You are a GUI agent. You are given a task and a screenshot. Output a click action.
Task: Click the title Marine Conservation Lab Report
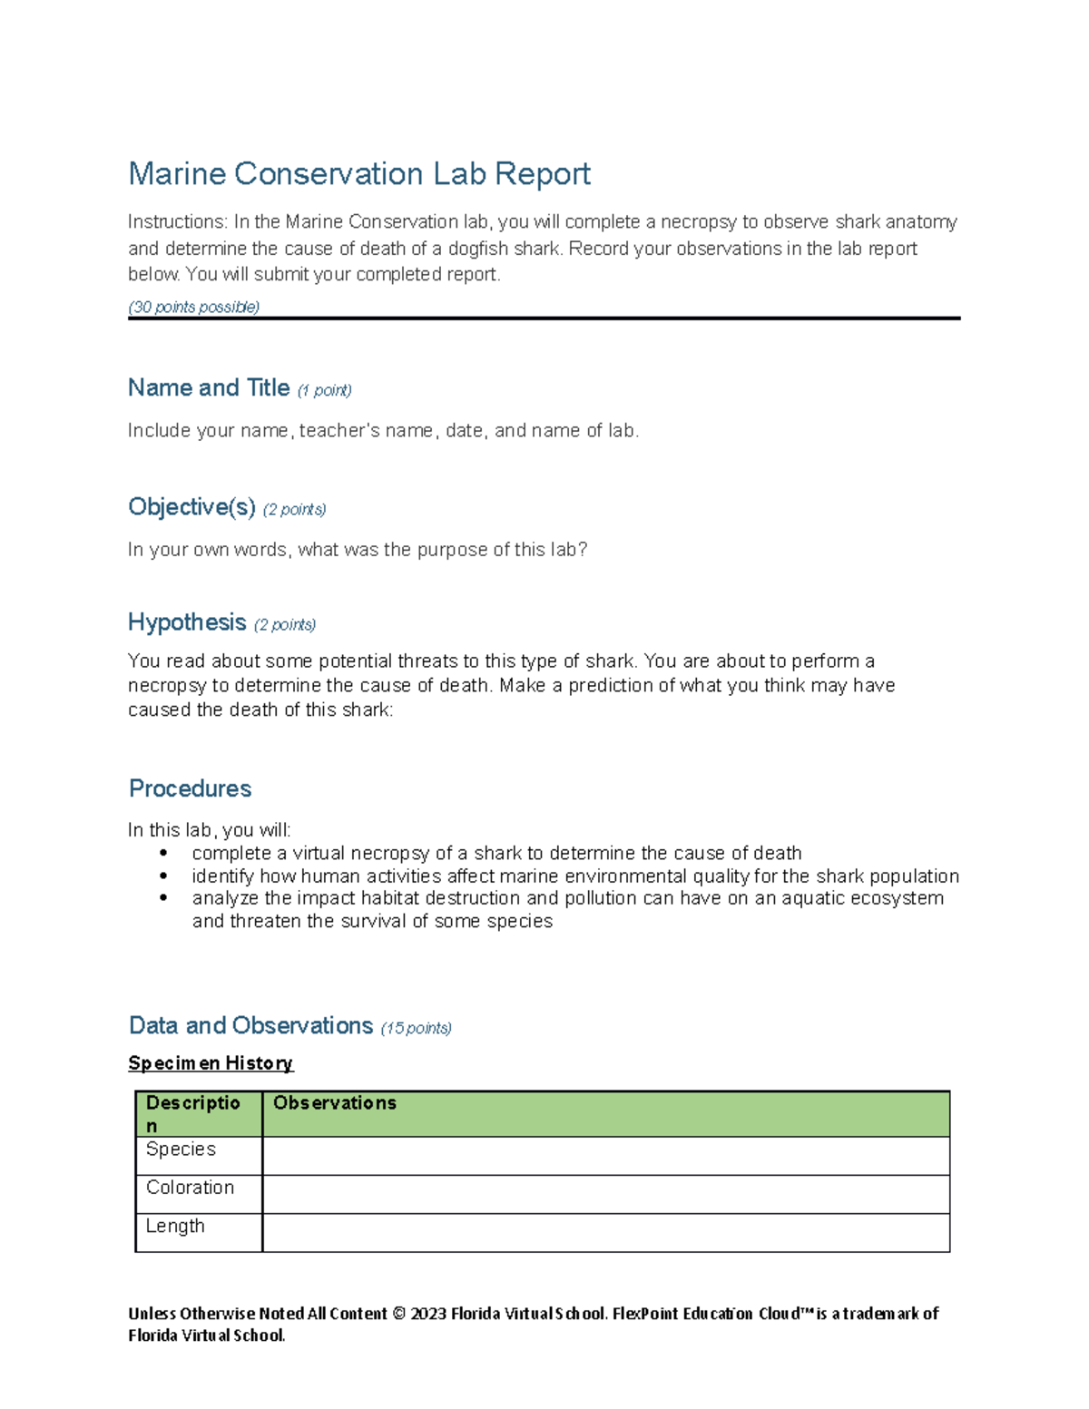[x=358, y=173]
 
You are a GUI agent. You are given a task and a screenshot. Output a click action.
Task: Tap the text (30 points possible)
[x=193, y=307]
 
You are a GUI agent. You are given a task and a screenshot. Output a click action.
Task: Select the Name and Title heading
[x=208, y=388]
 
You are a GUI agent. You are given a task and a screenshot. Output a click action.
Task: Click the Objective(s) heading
[x=191, y=507]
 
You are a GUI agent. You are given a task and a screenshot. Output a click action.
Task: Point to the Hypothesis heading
[x=187, y=622]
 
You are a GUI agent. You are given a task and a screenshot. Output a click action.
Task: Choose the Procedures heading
[x=190, y=788]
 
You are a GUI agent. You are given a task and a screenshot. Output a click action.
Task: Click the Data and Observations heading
[x=250, y=1026]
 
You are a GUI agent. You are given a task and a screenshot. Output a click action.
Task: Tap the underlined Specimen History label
[x=211, y=1063]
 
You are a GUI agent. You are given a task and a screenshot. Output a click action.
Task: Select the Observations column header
[x=335, y=1103]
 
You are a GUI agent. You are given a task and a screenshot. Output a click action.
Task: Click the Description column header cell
[x=193, y=1114]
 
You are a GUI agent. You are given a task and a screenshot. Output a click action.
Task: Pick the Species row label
[x=181, y=1150]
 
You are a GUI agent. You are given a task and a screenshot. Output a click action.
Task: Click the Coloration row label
[x=190, y=1188]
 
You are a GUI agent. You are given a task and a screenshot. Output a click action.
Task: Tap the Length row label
[x=175, y=1227]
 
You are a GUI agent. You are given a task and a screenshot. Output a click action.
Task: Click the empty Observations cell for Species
[x=605, y=1157]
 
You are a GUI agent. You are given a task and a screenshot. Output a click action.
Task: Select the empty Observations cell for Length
[x=605, y=1233]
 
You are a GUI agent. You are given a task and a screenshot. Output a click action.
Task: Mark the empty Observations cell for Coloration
[x=605, y=1195]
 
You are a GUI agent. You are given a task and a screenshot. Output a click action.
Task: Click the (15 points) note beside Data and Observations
[x=416, y=1028]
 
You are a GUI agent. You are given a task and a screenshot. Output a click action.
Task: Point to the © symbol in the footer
[x=398, y=1314]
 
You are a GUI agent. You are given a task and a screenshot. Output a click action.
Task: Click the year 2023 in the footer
[x=428, y=1314]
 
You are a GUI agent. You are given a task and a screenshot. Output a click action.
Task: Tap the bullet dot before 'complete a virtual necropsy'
[x=163, y=853]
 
